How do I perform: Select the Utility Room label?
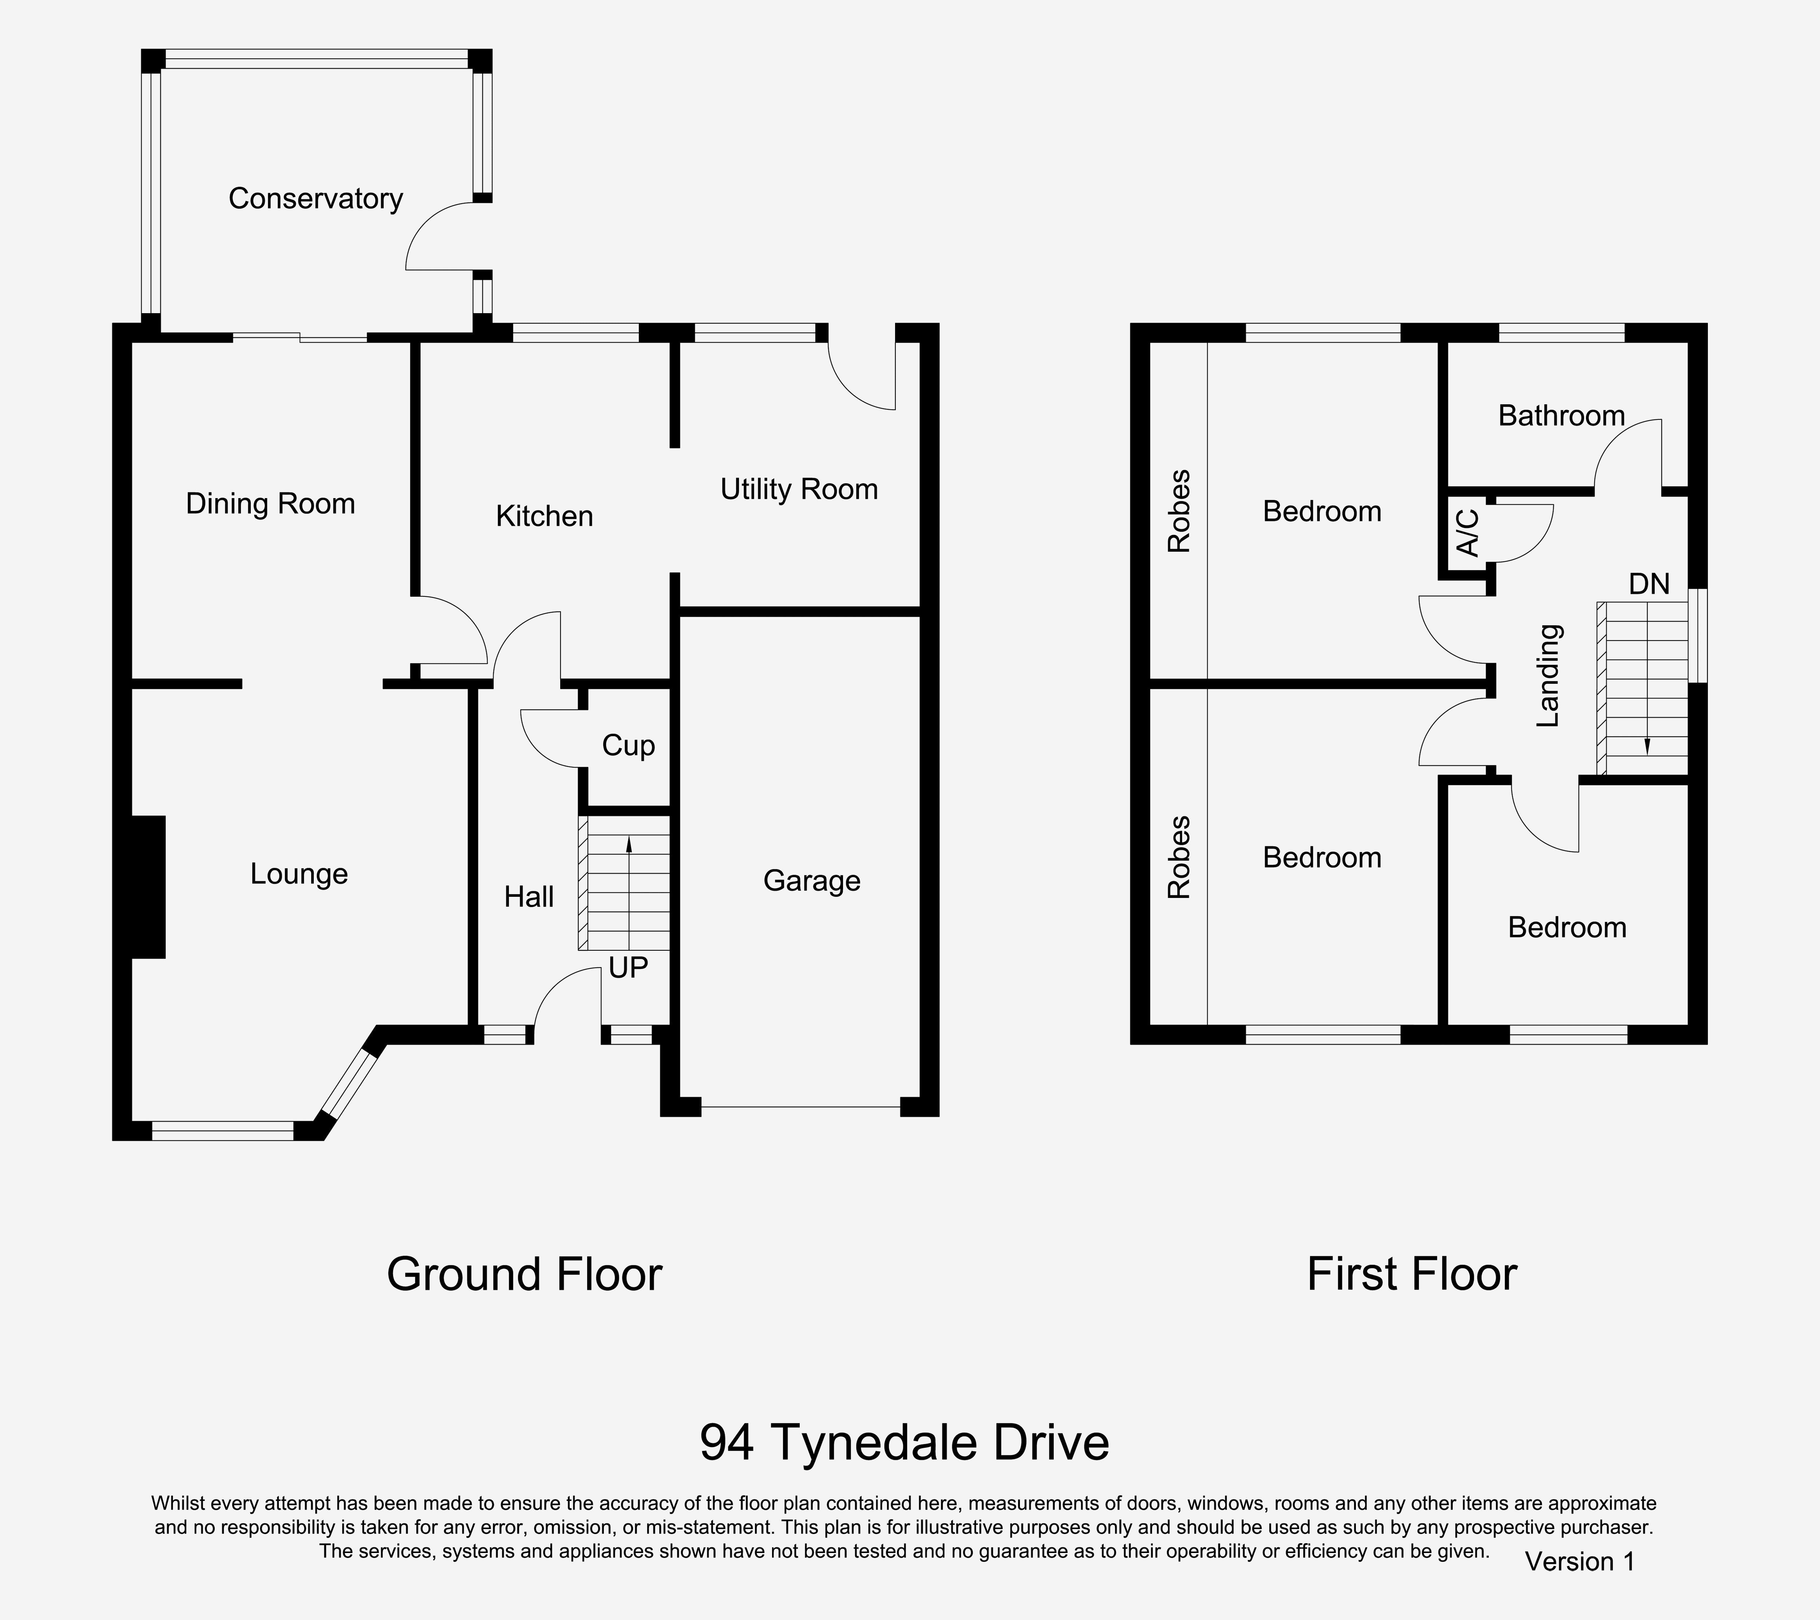799,490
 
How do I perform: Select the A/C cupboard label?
1467,533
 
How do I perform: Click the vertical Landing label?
1549,675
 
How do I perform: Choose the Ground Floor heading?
525,1274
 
